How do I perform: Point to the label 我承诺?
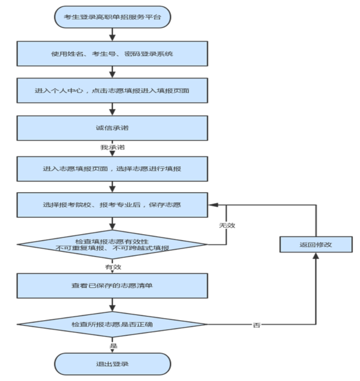112,147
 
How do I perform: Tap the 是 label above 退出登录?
112,345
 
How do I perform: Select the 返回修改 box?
316,244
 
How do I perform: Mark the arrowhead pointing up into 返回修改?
316,256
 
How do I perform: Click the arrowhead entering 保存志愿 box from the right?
212,205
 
